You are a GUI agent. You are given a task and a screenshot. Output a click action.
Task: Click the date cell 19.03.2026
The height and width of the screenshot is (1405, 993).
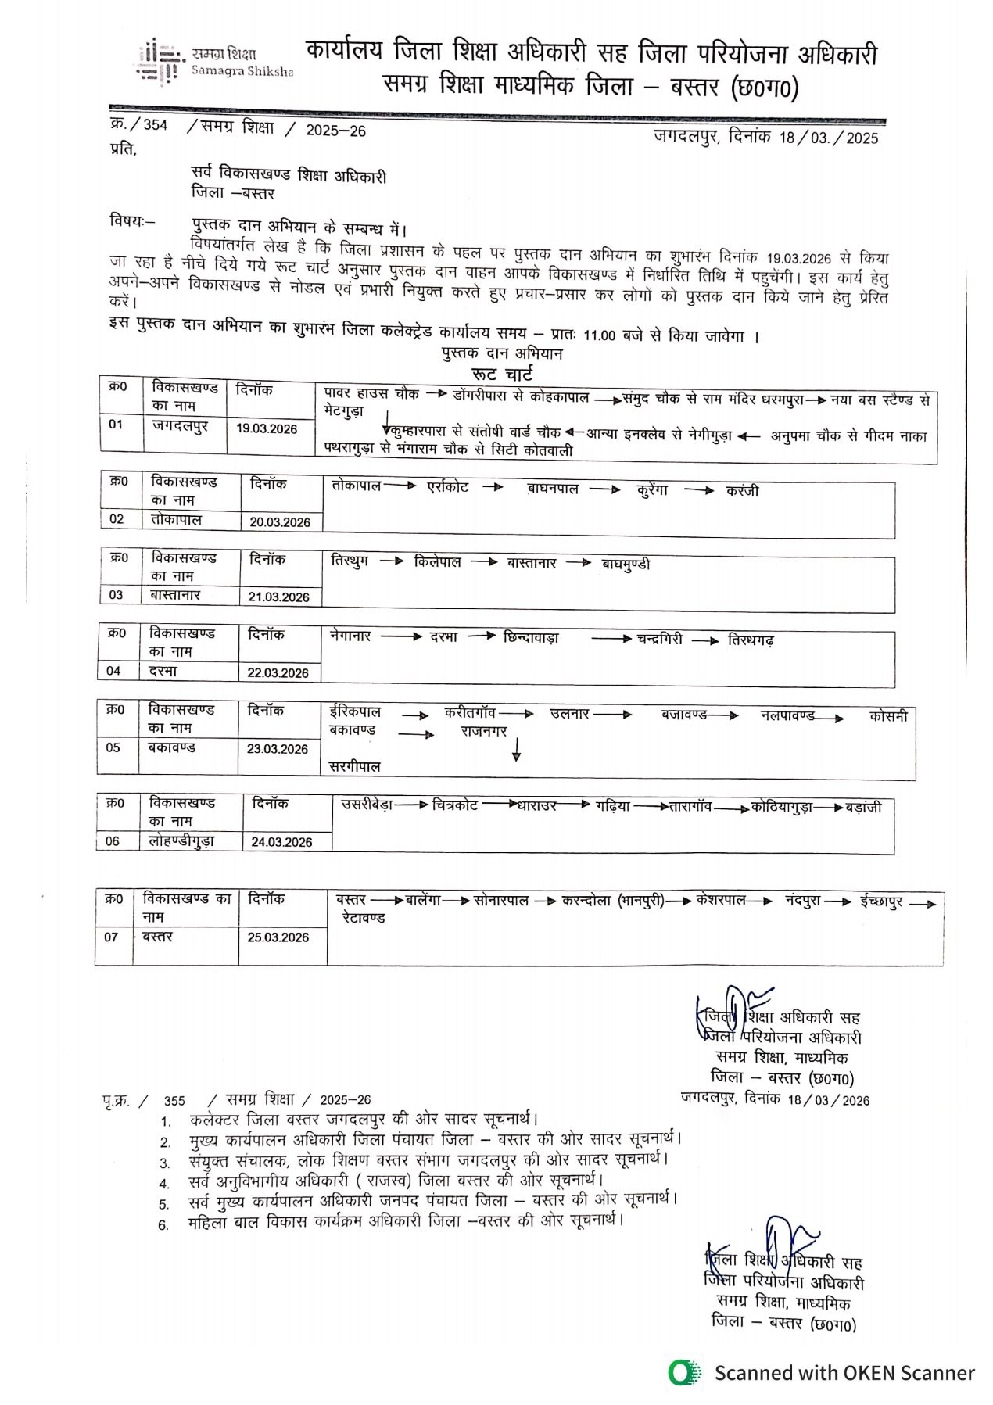click(267, 428)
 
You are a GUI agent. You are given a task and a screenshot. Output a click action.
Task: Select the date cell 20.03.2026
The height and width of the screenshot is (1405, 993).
click(280, 522)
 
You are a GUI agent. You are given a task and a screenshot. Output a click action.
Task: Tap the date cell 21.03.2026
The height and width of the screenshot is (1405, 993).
click(279, 597)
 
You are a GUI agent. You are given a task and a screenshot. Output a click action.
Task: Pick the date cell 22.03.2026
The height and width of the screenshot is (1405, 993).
click(278, 673)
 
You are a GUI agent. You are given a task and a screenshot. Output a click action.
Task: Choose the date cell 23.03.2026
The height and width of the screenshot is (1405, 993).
click(278, 749)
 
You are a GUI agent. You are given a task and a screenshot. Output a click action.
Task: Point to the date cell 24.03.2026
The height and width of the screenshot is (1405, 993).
click(281, 842)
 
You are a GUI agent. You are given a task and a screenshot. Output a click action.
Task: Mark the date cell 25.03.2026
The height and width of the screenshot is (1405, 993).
click(278, 937)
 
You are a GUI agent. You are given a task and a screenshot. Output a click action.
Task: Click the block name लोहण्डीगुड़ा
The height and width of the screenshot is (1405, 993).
click(181, 841)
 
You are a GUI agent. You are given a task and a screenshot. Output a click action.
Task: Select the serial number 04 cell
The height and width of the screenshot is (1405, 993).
click(114, 671)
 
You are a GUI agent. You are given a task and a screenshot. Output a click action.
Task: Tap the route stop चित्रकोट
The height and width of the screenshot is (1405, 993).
click(455, 805)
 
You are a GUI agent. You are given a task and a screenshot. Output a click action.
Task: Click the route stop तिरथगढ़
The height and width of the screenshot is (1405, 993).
click(751, 640)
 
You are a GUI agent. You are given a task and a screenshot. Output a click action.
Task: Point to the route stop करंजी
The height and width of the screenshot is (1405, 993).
click(742, 491)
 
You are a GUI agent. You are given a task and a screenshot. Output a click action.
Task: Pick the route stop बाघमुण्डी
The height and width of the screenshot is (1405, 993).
click(626, 564)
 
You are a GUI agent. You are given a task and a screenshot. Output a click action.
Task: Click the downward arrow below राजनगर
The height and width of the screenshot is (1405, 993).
click(516, 750)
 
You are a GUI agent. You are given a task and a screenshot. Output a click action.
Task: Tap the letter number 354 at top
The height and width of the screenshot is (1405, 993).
click(155, 125)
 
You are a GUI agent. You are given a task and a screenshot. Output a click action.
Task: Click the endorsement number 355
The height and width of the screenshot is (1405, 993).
click(174, 1101)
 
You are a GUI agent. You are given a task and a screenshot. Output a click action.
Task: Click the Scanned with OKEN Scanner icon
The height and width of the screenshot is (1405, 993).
click(685, 1372)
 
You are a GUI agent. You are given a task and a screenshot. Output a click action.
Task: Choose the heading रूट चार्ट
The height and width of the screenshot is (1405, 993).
click(502, 374)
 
